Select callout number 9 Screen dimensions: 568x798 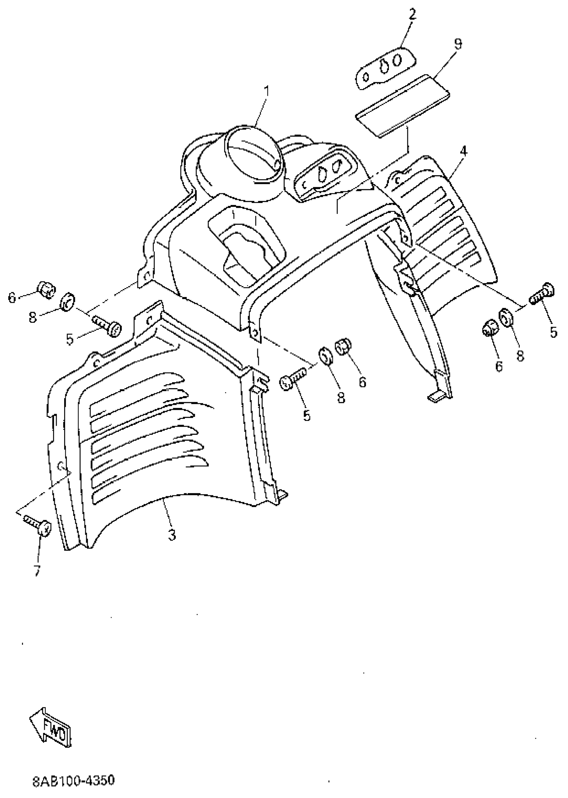457,44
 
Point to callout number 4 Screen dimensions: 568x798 464,152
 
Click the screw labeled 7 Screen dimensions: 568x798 38,526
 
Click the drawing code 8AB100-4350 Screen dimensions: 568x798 74,781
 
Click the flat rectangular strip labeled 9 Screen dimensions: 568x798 402,106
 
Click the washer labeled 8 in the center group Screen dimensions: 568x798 326,356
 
